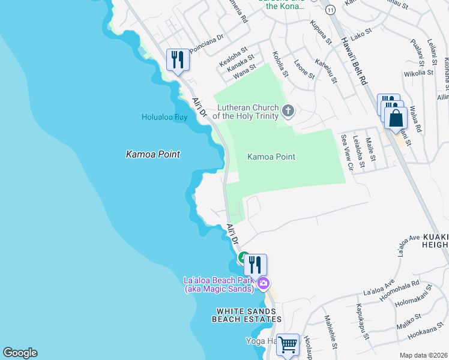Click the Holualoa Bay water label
tap(164, 118)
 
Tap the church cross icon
tap(288, 110)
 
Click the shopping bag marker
tap(397, 118)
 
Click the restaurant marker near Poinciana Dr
tap(177, 59)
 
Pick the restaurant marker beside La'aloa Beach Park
tap(255, 264)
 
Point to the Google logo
tap(20, 353)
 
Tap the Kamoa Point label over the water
tap(153, 154)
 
